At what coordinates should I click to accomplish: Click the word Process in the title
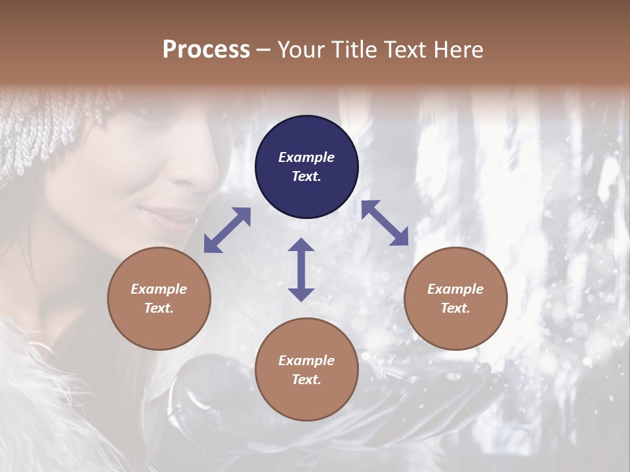pyautogui.click(x=206, y=50)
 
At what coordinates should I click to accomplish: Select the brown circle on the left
pyautogui.click(x=159, y=298)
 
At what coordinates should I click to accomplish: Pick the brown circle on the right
pyautogui.click(x=455, y=298)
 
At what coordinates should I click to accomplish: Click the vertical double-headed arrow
pyautogui.click(x=301, y=269)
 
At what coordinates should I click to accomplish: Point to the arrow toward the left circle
pyautogui.click(x=227, y=230)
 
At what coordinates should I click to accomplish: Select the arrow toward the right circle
pyautogui.click(x=385, y=223)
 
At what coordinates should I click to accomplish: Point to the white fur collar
pyautogui.click(x=39, y=393)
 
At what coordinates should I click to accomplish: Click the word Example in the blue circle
pyautogui.click(x=306, y=157)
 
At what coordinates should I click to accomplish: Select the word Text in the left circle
pyautogui.click(x=159, y=308)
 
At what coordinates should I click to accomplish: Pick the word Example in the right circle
pyautogui.click(x=455, y=289)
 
